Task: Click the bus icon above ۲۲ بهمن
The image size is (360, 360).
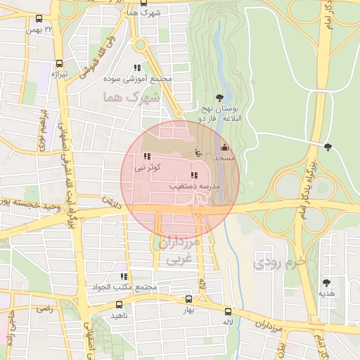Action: (x=38, y=19)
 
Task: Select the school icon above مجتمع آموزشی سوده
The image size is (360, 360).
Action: (x=137, y=68)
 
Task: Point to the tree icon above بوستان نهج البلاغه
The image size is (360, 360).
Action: (x=220, y=98)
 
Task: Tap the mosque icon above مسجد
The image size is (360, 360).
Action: (x=224, y=148)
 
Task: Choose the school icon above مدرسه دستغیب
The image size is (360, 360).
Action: (x=193, y=175)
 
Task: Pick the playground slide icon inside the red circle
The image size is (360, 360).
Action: (x=198, y=152)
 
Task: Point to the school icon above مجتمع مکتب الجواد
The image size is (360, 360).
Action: (x=124, y=277)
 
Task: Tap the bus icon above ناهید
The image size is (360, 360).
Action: (x=119, y=305)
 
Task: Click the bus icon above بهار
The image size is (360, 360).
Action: (x=188, y=300)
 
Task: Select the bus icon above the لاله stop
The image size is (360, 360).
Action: (x=228, y=311)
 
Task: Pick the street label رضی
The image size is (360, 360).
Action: (x=46, y=308)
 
